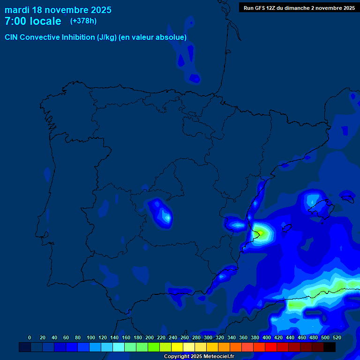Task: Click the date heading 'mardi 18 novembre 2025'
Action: coord(58,10)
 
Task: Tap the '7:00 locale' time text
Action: coord(33,21)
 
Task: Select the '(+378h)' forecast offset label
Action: coord(83,21)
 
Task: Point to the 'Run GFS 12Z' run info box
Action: coord(299,7)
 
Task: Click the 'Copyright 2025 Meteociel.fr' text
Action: coord(199,356)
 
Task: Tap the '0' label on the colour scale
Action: coord(30,337)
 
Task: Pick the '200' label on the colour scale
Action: coord(150,337)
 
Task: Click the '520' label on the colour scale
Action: coord(336,337)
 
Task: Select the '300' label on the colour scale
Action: coord(208,337)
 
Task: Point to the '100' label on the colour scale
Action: coord(91,337)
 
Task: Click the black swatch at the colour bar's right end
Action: coord(330,347)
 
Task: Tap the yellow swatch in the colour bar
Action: coord(177,347)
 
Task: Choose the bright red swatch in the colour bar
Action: coord(271,347)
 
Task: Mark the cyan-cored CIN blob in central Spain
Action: coord(164,216)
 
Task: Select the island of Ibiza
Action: coord(287,228)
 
